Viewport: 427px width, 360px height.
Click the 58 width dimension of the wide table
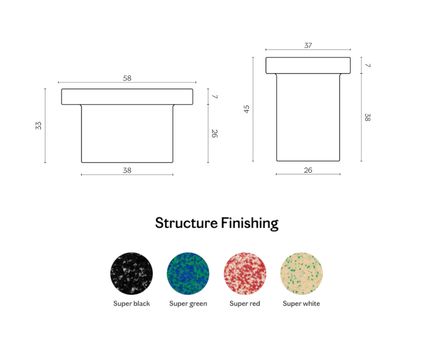(127, 78)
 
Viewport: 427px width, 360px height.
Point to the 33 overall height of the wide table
(38, 125)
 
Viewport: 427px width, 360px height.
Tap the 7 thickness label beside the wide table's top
(215, 97)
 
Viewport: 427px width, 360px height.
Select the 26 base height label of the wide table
(215, 133)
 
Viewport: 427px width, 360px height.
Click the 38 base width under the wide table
(127, 170)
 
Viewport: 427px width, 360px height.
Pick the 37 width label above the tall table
(308, 45)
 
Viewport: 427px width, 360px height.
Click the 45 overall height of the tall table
(247, 109)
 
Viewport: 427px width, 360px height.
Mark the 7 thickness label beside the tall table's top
(368, 65)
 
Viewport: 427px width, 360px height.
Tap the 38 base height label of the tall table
(367, 117)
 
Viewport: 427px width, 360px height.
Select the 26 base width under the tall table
(308, 170)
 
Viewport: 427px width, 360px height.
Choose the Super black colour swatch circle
(131, 274)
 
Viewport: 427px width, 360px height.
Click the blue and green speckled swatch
(188, 274)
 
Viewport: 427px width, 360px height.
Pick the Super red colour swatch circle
(245, 274)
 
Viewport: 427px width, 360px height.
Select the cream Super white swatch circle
(302, 274)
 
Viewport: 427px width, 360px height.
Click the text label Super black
(131, 303)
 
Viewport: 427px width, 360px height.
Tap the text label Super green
(188, 304)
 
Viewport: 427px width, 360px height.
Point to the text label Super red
(245, 303)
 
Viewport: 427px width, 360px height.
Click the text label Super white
(302, 303)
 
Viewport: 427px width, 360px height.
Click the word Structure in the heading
(186, 223)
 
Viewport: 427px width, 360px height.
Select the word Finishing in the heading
(250, 223)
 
